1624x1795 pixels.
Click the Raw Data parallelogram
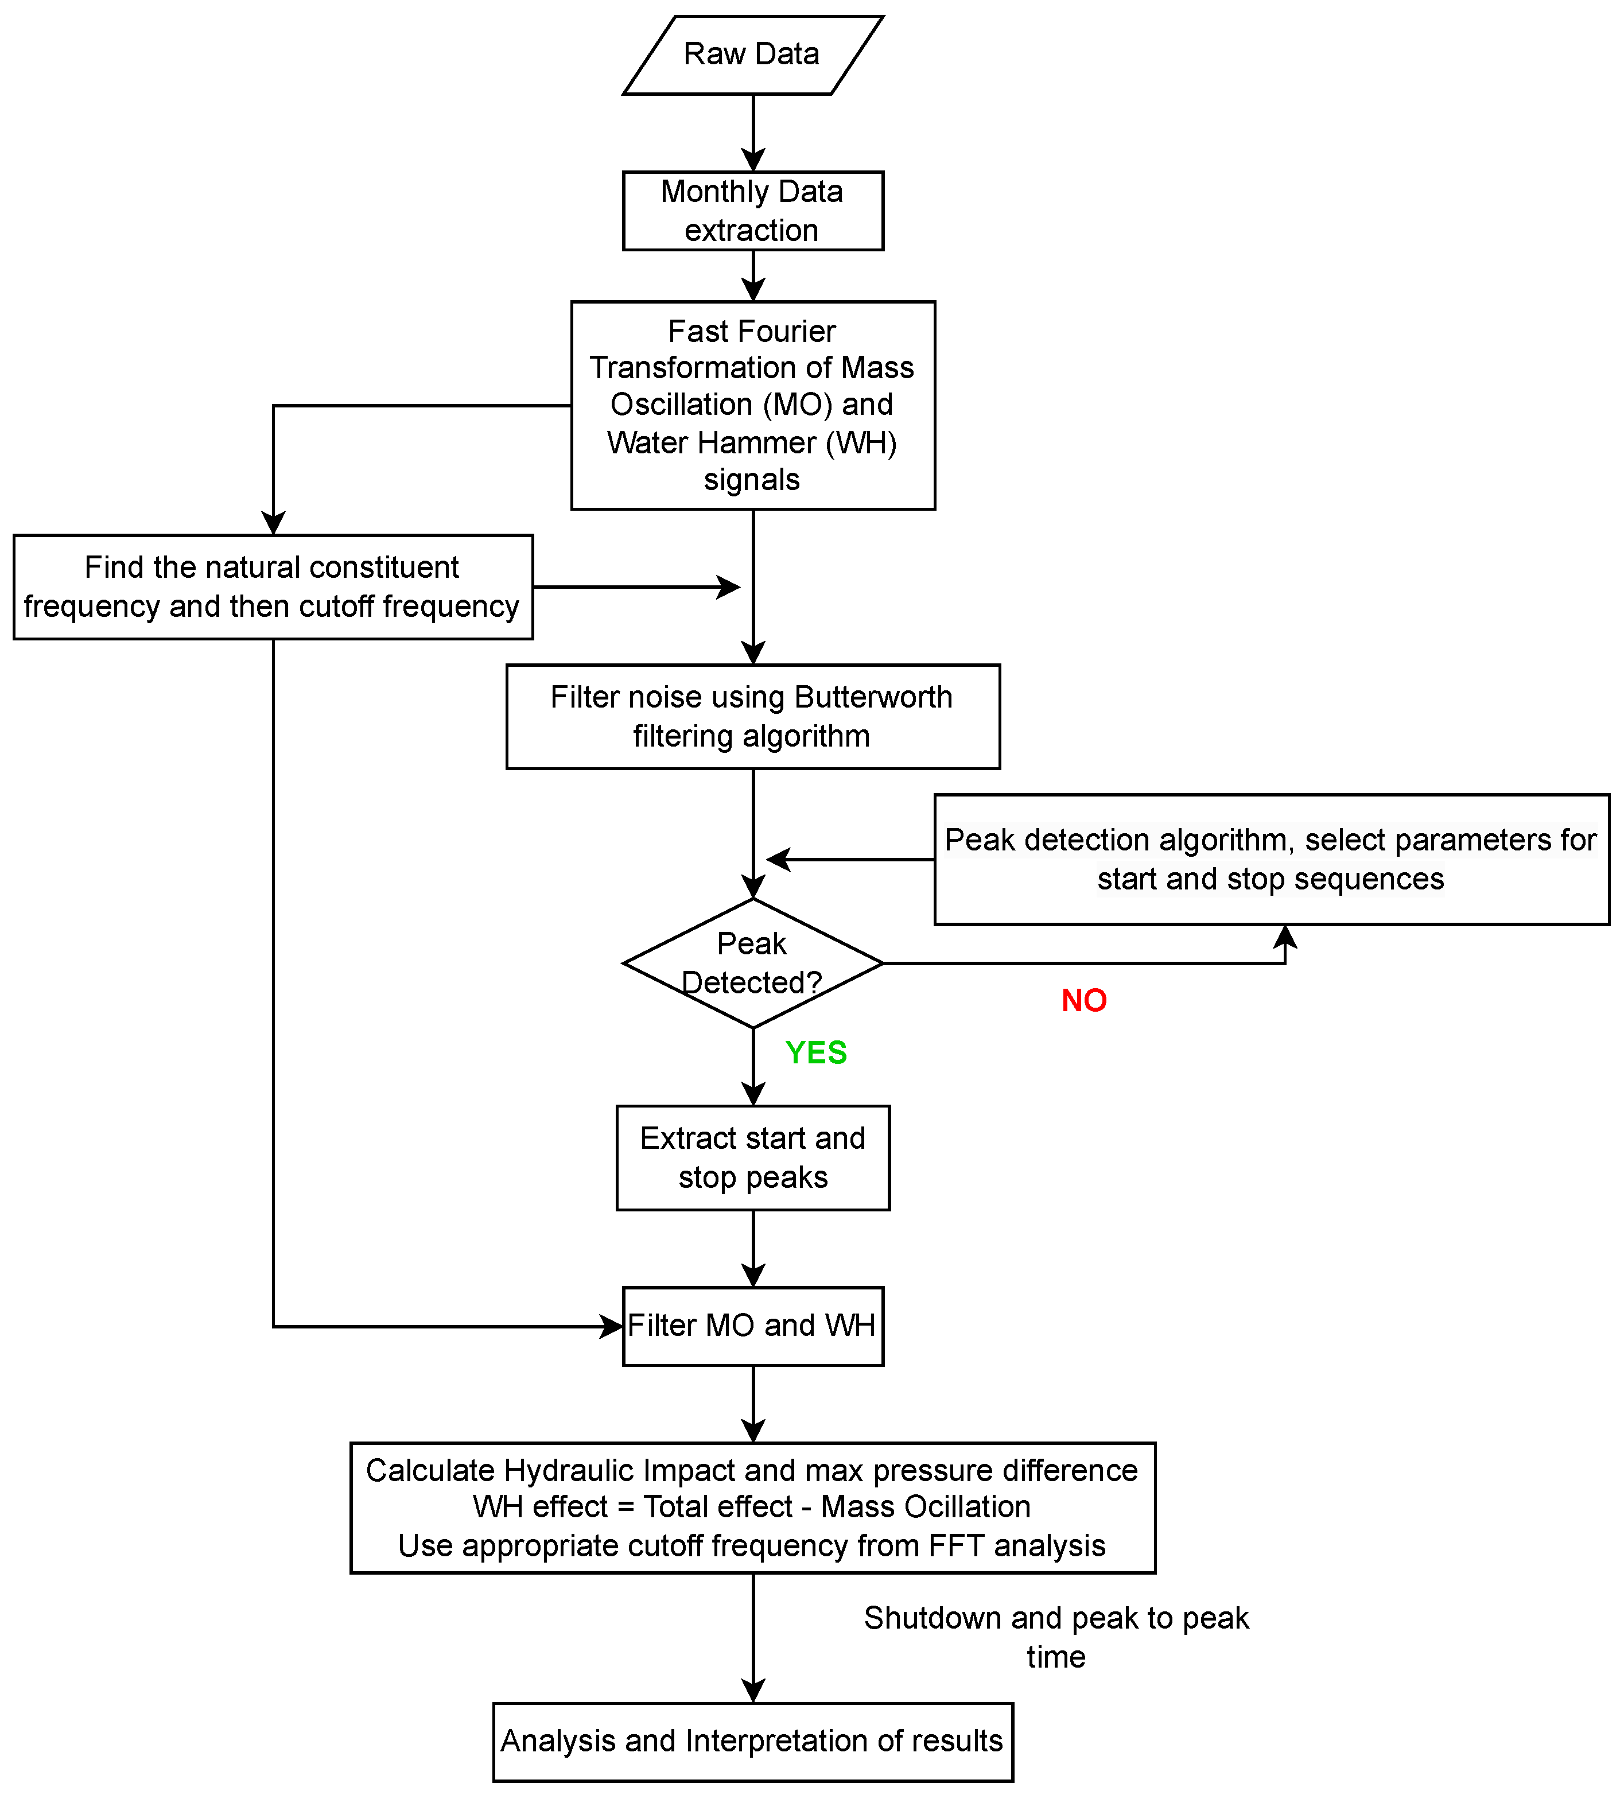(752, 55)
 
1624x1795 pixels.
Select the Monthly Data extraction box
(752, 211)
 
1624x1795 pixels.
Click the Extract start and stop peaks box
(752, 1157)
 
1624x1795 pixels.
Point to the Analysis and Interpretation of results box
(752, 1740)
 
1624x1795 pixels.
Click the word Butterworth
(873, 697)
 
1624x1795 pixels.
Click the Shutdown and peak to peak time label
(1056, 1637)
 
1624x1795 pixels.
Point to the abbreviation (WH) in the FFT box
(860, 442)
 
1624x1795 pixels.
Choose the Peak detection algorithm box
(1271, 858)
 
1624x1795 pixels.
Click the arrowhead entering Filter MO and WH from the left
(612, 1327)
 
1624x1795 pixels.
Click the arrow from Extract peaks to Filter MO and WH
(753, 1248)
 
